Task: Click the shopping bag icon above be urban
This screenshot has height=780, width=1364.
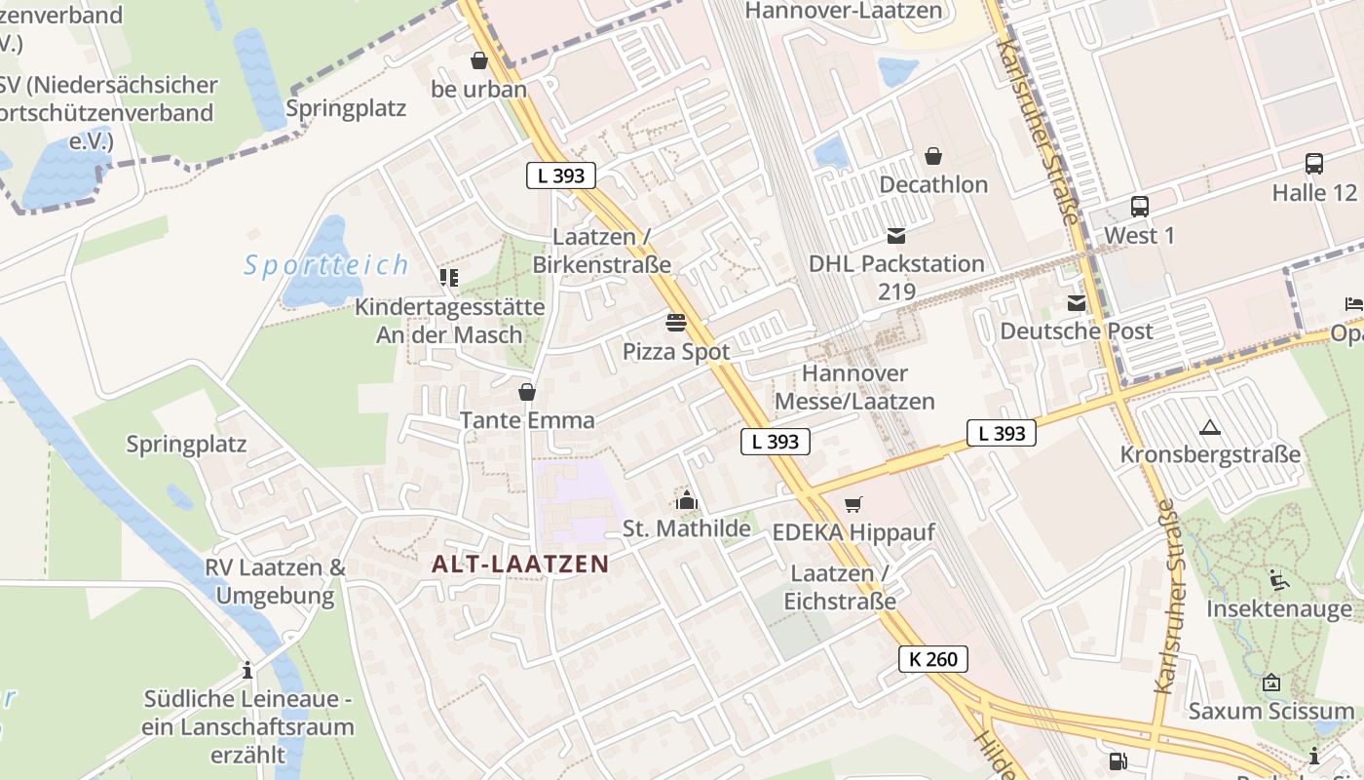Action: pyautogui.click(x=478, y=60)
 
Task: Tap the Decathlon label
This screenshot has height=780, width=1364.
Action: pyautogui.click(x=932, y=184)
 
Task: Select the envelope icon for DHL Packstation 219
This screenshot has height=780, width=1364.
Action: pyautogui.click(x=896, y=235)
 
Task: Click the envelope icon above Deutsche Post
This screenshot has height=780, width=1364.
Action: pyautogui.click(x=1077, y=303)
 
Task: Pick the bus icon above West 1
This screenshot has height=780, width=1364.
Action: pyautogui.click(x=1139, y=207)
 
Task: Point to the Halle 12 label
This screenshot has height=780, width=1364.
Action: pyautogui.click(x=1313, y=192)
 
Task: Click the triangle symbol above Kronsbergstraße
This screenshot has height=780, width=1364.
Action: pyautogui.click(x=1210, y=427)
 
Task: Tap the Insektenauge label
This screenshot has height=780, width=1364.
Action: pyautogui.click(x=1278, y=608)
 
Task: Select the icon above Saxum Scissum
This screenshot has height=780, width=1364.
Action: pyautogui.click(x=1270, y=682)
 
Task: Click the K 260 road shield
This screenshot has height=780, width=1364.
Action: pyautogui.click(x=933, y=659)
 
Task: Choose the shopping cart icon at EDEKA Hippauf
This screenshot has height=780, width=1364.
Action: pyautogui.click(x=853, y=504)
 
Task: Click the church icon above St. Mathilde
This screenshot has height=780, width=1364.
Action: pyautogui.click(x=687, y=501)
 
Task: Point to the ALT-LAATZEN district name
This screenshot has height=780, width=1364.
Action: pyautogui.click(x=520, y=564)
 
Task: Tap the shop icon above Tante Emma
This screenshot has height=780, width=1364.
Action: pyautogui.click(x=527, y=392)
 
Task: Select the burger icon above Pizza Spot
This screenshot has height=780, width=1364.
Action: pyautogui.click(x=676, y=322)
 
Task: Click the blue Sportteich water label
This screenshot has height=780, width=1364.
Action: pyautogui.click(x=326, y=265)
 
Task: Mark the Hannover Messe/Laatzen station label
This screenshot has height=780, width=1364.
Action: pyautogui.click(x=854, y=387)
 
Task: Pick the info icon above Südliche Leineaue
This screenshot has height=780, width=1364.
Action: pyautogui.click(x=247, y=671)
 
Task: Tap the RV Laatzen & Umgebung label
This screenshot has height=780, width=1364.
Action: pyautogui.click(x=275, y=581)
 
